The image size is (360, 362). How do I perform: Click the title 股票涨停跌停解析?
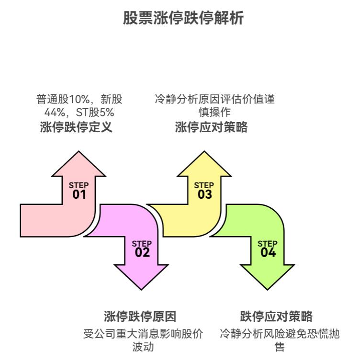click(183, 18)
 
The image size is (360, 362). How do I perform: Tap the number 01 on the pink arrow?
click(79, 194)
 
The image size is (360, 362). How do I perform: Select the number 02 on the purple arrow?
click(142, 253)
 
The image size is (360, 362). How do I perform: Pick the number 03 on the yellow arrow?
click(204, 194)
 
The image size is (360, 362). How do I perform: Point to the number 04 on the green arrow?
click(268, 253)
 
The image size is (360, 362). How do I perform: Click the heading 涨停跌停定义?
click(76, 127)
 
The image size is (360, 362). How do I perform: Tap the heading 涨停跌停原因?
click(140, 317)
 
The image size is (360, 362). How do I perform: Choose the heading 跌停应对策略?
click(276, 317)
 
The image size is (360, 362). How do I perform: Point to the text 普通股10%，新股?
click(79, 100)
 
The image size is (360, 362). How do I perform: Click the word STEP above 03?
click(204, 185)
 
